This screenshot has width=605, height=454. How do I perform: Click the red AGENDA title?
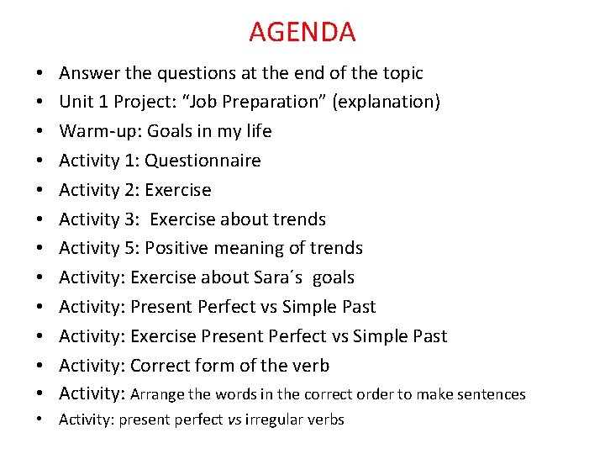(302, 32)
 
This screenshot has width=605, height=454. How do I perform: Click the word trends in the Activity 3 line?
(295, 219)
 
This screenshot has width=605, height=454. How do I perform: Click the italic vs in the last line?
(234, 420)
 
